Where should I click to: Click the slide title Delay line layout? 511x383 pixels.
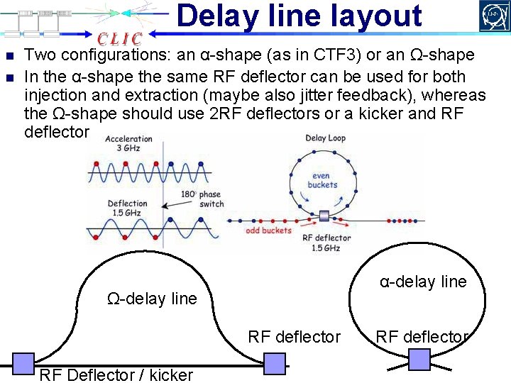pos(299,16)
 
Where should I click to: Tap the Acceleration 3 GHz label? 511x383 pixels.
pos(130,143)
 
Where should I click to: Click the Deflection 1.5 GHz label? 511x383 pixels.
pos(128,208)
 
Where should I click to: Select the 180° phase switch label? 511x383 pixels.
pos(202,199)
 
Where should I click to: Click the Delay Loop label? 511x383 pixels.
pos(325,138)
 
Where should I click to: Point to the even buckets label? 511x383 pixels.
pos(322,180)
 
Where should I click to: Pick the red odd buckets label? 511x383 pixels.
pos(268,231)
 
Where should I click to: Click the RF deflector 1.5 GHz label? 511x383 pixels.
pos(326,243)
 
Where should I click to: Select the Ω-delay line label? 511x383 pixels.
pos(152,299)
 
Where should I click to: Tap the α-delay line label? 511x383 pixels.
pos(423,282)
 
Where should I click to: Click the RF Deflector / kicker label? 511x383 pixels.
pos(116,374)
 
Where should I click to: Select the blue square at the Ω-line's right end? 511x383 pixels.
pos(275,363)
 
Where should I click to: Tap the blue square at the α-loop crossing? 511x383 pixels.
pos(419,360)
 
